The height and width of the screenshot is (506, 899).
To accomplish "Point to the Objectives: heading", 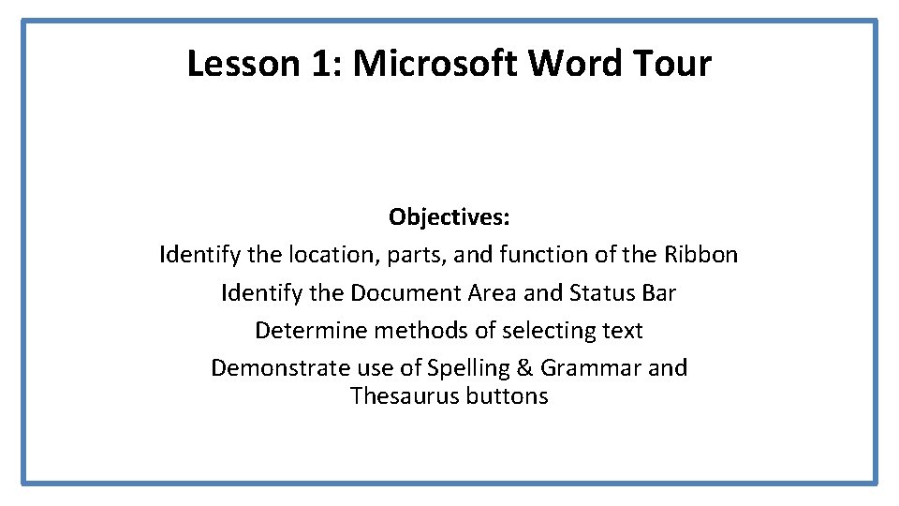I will point(449,217).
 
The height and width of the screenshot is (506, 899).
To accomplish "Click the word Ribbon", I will point(701,255).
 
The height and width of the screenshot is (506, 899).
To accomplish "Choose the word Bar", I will point(659,293).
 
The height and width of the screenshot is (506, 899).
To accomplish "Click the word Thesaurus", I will point(400,396).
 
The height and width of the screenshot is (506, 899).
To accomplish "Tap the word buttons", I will point(507,396).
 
